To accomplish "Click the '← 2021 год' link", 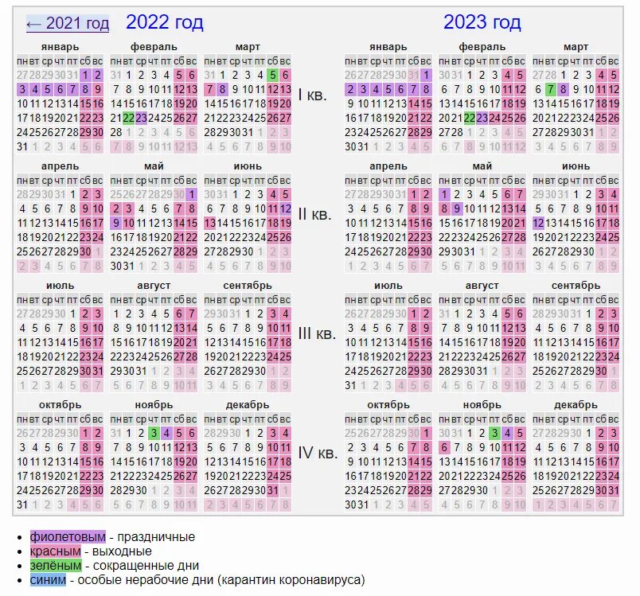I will pyautogui.click(x=68, y=24).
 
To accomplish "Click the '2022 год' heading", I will pyautogui.click(x=164, y=22).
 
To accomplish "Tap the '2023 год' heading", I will pyautogui.click(x=482, y=22).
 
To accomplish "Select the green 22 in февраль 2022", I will pyautogui.click(x=127, y=118).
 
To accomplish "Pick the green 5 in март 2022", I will pyautogui.click(x=273, y=75).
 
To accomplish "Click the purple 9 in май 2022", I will pyautogui.click(x=115, y=223).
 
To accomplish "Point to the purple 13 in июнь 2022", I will pyautogui.click(x=210, y=223).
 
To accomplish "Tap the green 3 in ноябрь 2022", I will pyautogui.click(x=153, y=434).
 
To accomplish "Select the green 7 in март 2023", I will pyautogui.click(x=550, y=89).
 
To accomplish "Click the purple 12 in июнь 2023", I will pyautogui.click(x=538, y=223).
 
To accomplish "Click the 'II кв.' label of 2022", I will pyautogui.click(x=312, y=215).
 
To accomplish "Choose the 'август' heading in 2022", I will pyautogui.click(x=153, y=285).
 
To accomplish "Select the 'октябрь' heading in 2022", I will pyautogui.click(x=60, y=405).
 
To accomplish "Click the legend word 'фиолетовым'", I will pyautogui.click(x=67, y=537).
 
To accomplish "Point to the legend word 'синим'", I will pyautogui.click(x=49, y=580).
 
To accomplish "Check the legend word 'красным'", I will pyautogui.click(x=56, y=551).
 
